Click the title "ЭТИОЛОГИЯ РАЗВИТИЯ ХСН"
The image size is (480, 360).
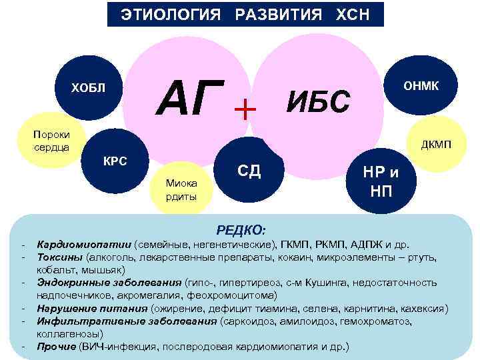point(245,14)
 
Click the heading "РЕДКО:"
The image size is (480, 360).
point(246,230)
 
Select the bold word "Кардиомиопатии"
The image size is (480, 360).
point(85,244)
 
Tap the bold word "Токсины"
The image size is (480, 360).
point(60,257)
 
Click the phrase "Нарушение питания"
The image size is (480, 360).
point(93,308)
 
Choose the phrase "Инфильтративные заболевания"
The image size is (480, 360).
point(127,321)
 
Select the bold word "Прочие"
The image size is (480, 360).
point(57,347)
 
